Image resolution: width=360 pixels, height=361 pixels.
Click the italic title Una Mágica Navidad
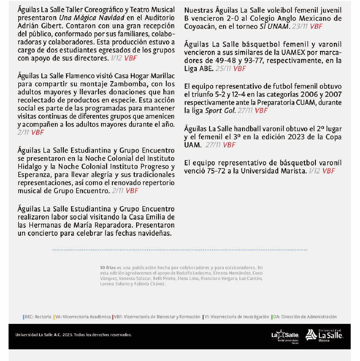[x=91, y=18]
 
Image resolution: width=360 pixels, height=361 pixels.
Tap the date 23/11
[x=300, y=26]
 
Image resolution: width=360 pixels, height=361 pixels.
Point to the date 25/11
[x=223, y=69]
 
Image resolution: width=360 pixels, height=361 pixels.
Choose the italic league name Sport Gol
[x=220, y=111]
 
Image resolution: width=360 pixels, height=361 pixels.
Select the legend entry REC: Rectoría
[x=37, y=317]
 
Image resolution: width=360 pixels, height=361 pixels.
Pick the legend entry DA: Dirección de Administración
[x=304, y=317]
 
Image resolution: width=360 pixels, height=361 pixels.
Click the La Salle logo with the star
[x=285, y=335]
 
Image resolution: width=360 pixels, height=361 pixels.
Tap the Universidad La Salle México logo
[x=324, y=335]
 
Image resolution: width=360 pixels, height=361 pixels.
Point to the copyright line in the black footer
[x=73, y=335]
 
